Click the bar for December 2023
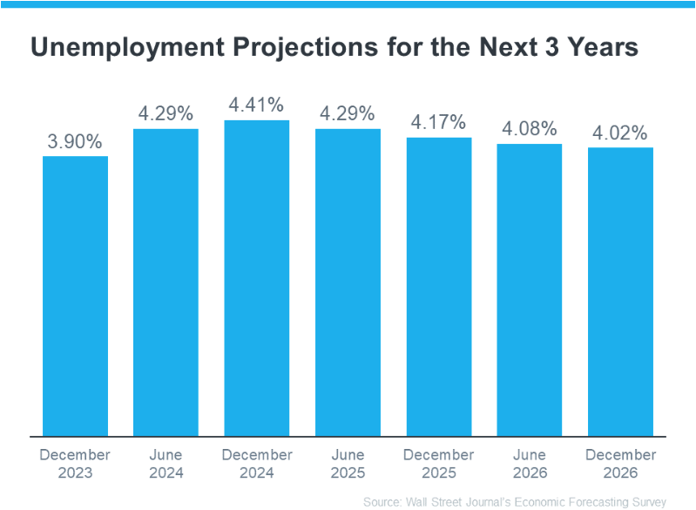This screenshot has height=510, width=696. point(75,296)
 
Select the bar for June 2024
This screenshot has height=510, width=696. point(166,282)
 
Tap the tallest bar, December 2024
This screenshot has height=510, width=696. point(257,278)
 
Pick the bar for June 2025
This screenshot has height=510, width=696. point(348,282)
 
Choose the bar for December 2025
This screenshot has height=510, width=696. point(439,287)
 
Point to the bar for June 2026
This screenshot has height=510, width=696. point(530,290)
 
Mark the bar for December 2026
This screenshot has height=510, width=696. point(620,292)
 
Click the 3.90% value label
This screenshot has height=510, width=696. point(75,142)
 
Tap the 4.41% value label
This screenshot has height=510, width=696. point(256,105)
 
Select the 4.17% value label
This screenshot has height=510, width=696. point(438,122)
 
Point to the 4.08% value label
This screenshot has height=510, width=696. point(530,129)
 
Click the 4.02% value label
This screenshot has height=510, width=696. point(620,133)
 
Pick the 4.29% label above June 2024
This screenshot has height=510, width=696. point(166,113)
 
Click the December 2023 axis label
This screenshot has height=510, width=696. point(75,464)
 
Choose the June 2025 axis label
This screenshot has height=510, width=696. point(348,464)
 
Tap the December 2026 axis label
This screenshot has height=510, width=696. point(620,464)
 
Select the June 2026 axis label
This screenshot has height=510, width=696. point(530,464)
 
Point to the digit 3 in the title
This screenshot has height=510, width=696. point(551,47)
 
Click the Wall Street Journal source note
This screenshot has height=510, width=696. point(515,502)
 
